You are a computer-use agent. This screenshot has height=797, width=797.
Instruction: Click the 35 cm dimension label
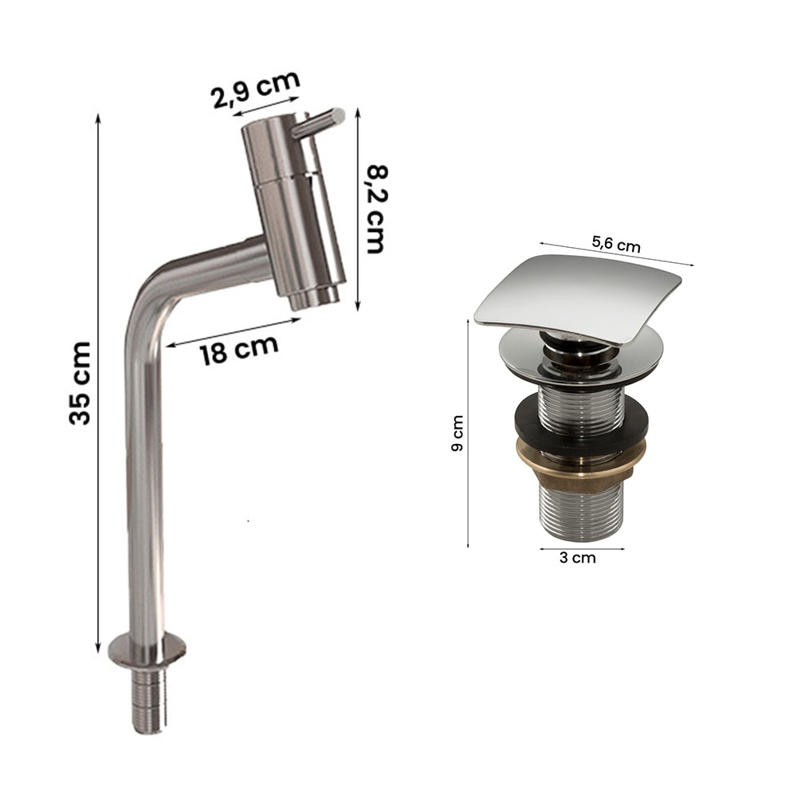(79, 383)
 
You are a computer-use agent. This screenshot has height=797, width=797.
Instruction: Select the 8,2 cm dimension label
(377, 209)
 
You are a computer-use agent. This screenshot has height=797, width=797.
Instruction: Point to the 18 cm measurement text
(239, 349)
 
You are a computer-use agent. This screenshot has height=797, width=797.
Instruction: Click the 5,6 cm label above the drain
(616, 245)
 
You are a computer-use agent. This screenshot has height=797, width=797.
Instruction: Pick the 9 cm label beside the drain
(457, 433)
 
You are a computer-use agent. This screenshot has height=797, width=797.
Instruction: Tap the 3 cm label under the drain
(577, 558)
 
